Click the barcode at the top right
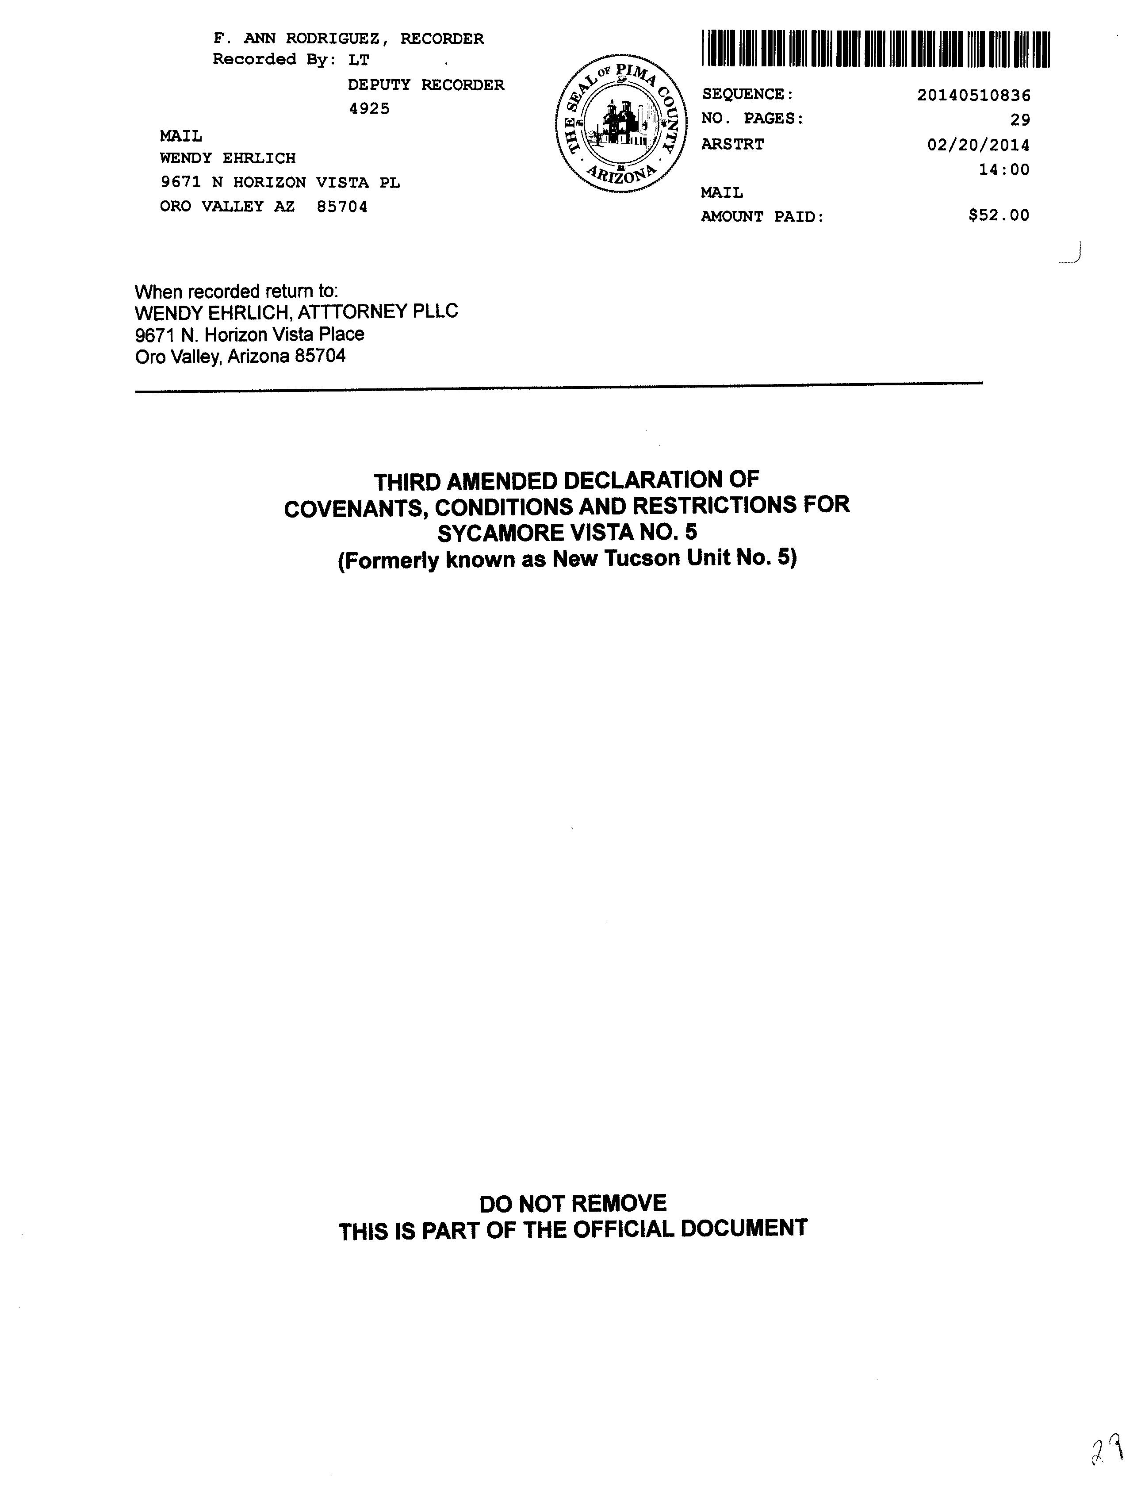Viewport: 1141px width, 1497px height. coord(876,50)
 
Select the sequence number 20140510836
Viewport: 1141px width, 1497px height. coord(973,95)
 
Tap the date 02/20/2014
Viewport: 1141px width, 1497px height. coord(978,145)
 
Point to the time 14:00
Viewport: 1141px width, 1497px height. coord(1004,170)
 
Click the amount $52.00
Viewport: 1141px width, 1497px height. coord(999,215)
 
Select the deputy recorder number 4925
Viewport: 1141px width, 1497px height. coord(369,109)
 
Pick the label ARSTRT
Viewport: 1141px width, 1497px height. coord(732,144)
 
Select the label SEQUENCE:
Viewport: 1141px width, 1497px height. coord(747,94)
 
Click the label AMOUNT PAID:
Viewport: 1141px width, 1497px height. coord(762,217)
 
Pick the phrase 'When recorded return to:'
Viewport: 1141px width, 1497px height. coord(236,292)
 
